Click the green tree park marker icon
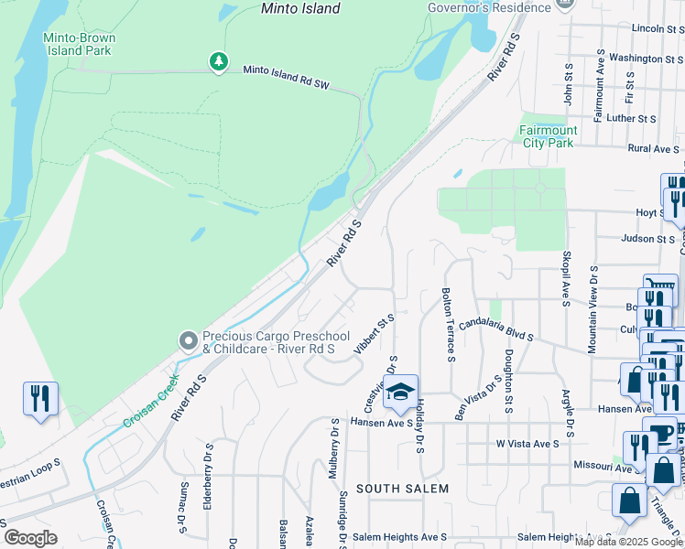pyautogui.click(x=218, y=61)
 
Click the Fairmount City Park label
pyautogui.click(x=547, y=136)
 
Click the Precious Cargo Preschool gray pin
pyautogui.click(x=189, y=341)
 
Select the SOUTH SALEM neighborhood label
pyautogui.click(x=402, y=489)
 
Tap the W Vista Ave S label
pyautogui.click(x=527, y=444)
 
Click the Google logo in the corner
pyautogui.click(x=30, y=538)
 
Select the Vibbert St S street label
pyautogui.click(x=380, y=335)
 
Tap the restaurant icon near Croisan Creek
pyautogui.click(x=40, y=399)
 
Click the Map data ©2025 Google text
pyautogui.click(x=628, y=542)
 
